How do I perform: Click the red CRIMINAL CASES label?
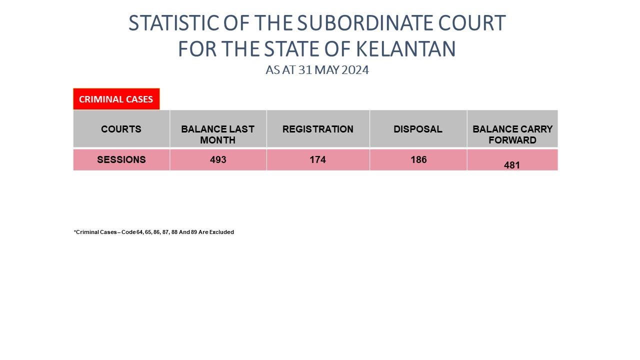(x=116, y=99)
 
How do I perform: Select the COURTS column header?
(x=121, y=129)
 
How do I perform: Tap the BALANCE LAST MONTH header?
(x=217, y=134)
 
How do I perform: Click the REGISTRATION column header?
(x=317, y=129)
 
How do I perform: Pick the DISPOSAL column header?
(x=418, y=129)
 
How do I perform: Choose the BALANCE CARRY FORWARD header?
(x=512, y=134)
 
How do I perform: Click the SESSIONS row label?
(x=121, y=159)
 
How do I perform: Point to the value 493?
(x=218, y=159)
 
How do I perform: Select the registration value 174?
(x=317, y=159)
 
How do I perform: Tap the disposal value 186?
(x=418, y=159)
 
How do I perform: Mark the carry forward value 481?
(x=511, y=165)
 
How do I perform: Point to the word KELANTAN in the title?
(x=406, y=49)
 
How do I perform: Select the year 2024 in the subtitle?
(x=355, y=70)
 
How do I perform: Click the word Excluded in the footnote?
(x=221, y=232)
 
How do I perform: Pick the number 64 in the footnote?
(x=139, y=232)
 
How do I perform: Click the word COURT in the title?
(x=472, y=23)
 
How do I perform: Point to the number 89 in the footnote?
(x=194, y=232)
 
